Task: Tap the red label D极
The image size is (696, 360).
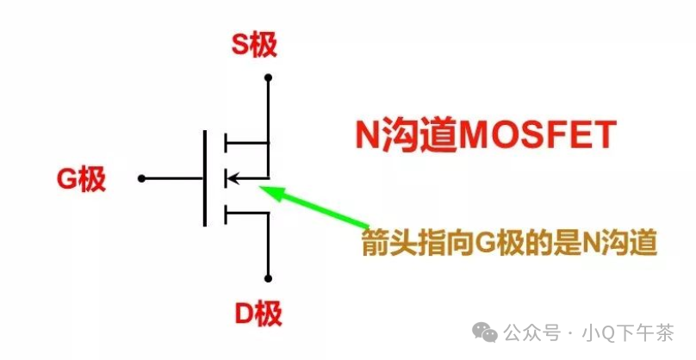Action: coord(258,313)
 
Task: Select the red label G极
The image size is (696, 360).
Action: coord(81,180)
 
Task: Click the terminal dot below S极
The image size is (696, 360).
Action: coord(269,78)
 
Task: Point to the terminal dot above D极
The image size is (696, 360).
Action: coord(269,278)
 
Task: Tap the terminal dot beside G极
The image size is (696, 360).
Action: coord(142,179)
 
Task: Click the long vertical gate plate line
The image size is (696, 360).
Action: coord(205,178)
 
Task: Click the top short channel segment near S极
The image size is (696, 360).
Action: coord(226,142)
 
